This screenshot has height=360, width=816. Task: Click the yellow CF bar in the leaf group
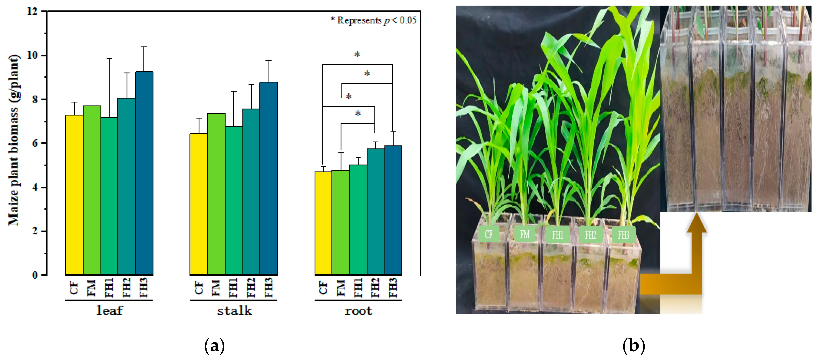click(74, 195)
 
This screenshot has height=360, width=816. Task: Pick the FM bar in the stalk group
click(216, 194)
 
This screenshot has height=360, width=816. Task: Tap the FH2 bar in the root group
click(376, 212)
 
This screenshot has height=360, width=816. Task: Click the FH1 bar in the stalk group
click(234, 200)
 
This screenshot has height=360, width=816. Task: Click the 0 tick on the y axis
click(35, 275)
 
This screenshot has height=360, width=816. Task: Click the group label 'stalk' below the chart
click(234, 311)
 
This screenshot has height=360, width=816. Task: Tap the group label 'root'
click(358, 311)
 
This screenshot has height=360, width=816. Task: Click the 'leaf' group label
click(109, 311)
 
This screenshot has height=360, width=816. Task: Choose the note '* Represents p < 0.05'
click(373, 21)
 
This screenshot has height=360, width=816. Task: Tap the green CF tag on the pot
click(488, 234)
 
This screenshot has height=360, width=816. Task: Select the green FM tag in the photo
click(524, 234)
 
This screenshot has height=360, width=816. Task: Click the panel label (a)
click(214, 346)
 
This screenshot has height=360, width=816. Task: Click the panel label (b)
click(634, 346)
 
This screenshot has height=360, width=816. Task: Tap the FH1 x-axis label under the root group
click(358, 288)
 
